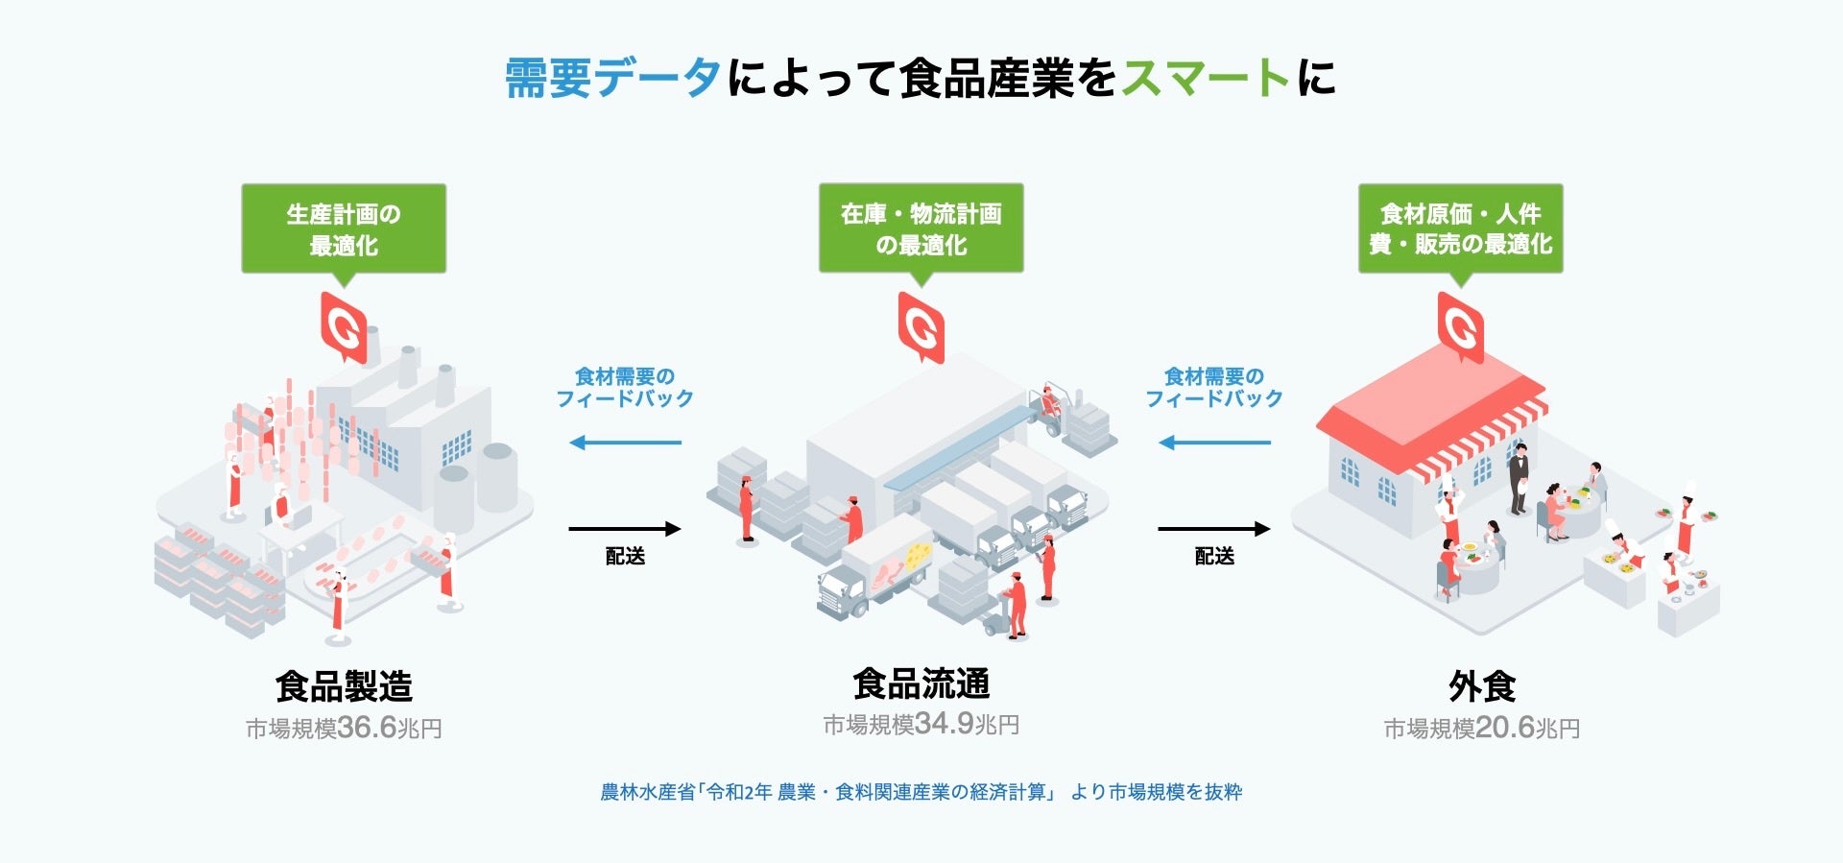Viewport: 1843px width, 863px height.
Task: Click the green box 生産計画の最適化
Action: click(344, 228)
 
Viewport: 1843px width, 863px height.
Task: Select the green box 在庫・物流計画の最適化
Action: click(921, 228)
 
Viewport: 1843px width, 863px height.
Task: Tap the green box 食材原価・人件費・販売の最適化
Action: click(1460, 228)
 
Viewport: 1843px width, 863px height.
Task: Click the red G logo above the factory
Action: click(344, 327)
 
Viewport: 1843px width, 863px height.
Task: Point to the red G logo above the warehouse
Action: click(921, 327)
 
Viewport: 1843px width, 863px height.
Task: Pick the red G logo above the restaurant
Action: click(1461, 327)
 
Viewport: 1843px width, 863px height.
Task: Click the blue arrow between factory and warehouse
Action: click(625, 443)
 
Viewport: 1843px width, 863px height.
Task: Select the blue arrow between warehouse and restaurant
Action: click(1214, 443)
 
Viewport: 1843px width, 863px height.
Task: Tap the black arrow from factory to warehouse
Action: click(625, 529)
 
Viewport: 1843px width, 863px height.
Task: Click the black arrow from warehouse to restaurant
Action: click(1214, 529)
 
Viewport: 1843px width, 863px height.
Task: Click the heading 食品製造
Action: click(344, 686)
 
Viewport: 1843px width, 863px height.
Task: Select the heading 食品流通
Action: click(921, 683)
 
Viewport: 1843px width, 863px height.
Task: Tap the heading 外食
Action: click(1482, 686)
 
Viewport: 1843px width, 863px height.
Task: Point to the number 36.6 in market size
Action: click(368, 728)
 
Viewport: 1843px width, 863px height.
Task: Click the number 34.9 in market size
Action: click(945, 723)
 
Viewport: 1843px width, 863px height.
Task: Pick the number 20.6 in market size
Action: click(1505, 728)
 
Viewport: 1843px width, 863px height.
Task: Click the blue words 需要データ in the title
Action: click(612, 78)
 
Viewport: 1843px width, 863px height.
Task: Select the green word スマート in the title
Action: click(1206, 78)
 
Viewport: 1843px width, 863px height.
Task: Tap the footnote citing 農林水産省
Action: click(921, 792)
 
